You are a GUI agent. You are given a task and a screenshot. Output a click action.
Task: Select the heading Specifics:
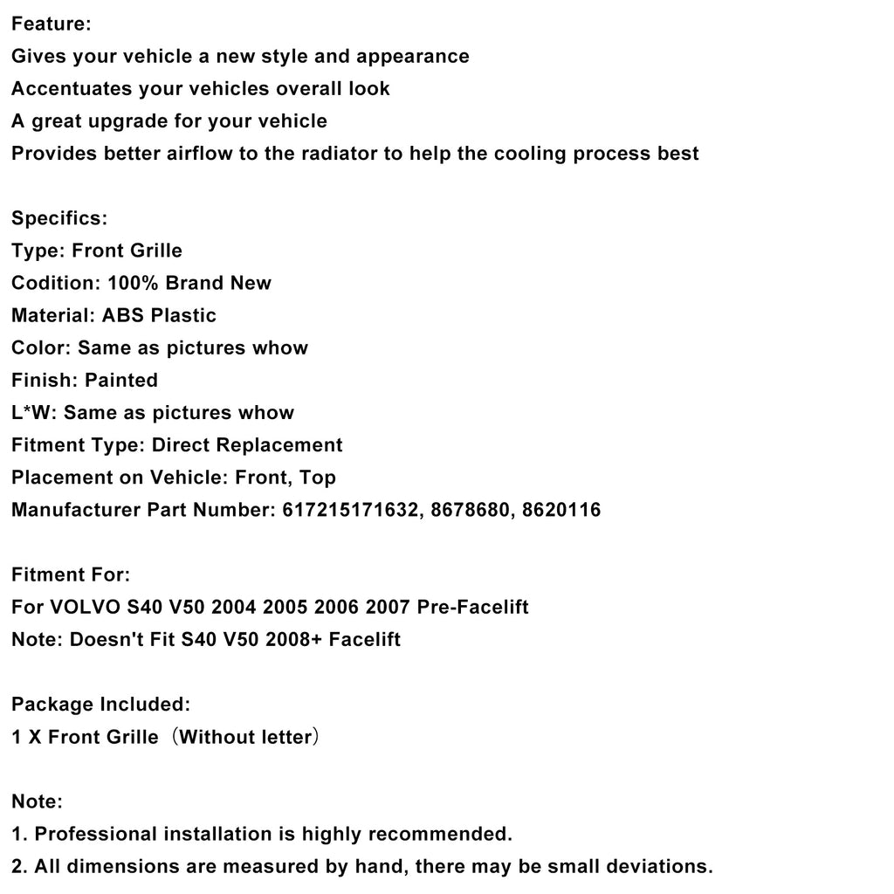(59, 218)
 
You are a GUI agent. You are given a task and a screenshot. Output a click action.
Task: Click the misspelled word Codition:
(56, 283)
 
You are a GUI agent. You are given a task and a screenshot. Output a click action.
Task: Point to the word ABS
(124, 315)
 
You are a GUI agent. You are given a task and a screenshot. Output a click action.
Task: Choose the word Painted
(121, 380)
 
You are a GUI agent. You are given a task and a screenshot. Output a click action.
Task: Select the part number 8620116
(562, 510)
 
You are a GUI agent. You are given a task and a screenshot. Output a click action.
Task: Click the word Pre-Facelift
(485, 607)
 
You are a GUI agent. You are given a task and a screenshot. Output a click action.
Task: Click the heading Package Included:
(100, 704)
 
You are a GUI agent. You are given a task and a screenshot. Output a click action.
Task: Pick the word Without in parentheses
(214, 737)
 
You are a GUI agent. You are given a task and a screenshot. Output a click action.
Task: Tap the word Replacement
(279, 445)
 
